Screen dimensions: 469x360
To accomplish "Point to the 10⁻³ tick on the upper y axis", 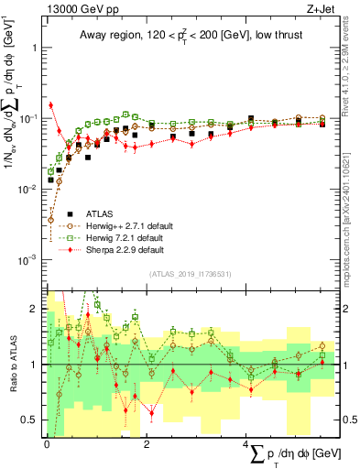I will tap(29, 259).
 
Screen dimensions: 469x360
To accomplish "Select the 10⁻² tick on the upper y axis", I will tap(29, 189).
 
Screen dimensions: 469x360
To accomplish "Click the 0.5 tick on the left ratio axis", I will tap(32, 420).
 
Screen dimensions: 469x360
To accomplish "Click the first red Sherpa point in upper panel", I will tap(51, 105).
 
